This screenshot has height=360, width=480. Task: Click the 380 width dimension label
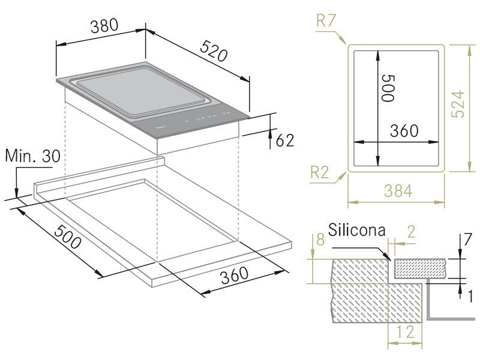tap(104, 26)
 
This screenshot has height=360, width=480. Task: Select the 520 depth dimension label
tap(214, 50)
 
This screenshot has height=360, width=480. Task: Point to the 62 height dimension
tap(284, 140)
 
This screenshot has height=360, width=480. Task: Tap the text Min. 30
tap(33, 156)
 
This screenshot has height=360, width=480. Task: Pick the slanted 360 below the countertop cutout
tap(234, 275)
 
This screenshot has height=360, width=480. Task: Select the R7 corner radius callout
tap(326, 21)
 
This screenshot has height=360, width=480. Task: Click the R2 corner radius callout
tap(320, 172)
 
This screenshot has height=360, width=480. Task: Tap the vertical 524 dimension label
tap(458, 104)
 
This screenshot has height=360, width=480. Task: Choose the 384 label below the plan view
tap(398, 191)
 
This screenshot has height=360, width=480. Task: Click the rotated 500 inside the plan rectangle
tap(388, 88)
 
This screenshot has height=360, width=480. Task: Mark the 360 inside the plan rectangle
tap(404, 131)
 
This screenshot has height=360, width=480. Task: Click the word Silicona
tap(356, 230)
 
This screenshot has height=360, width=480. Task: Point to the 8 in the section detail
tap(320, 239)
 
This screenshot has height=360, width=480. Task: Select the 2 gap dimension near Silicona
tap(411, 232)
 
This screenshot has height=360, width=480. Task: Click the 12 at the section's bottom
tap(406, 332)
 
